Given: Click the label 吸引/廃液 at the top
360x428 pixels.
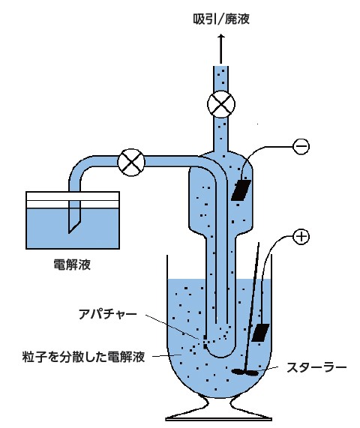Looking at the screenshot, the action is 221,19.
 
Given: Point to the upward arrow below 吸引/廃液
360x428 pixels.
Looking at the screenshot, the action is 221,49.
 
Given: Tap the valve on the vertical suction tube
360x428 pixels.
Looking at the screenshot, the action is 221,104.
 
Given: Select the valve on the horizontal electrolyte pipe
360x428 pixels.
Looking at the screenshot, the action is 131,163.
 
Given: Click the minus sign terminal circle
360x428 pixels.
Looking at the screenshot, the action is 301,146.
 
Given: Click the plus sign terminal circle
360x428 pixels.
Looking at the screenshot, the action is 301,236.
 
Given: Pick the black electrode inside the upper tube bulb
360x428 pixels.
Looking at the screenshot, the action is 241,190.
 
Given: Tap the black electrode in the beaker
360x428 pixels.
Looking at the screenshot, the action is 260,333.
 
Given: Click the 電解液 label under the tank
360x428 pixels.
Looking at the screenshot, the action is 72,265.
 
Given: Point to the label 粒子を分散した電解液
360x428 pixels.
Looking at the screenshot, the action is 83,357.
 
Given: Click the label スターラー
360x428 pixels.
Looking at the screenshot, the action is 316,368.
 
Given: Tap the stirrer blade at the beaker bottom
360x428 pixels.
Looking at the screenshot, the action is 245,372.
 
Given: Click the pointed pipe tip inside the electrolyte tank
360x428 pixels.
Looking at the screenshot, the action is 69,233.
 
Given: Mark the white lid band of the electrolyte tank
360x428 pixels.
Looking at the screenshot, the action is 73,200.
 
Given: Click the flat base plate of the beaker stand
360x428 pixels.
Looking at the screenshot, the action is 218,418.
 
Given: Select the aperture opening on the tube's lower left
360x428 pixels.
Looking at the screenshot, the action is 205,342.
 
